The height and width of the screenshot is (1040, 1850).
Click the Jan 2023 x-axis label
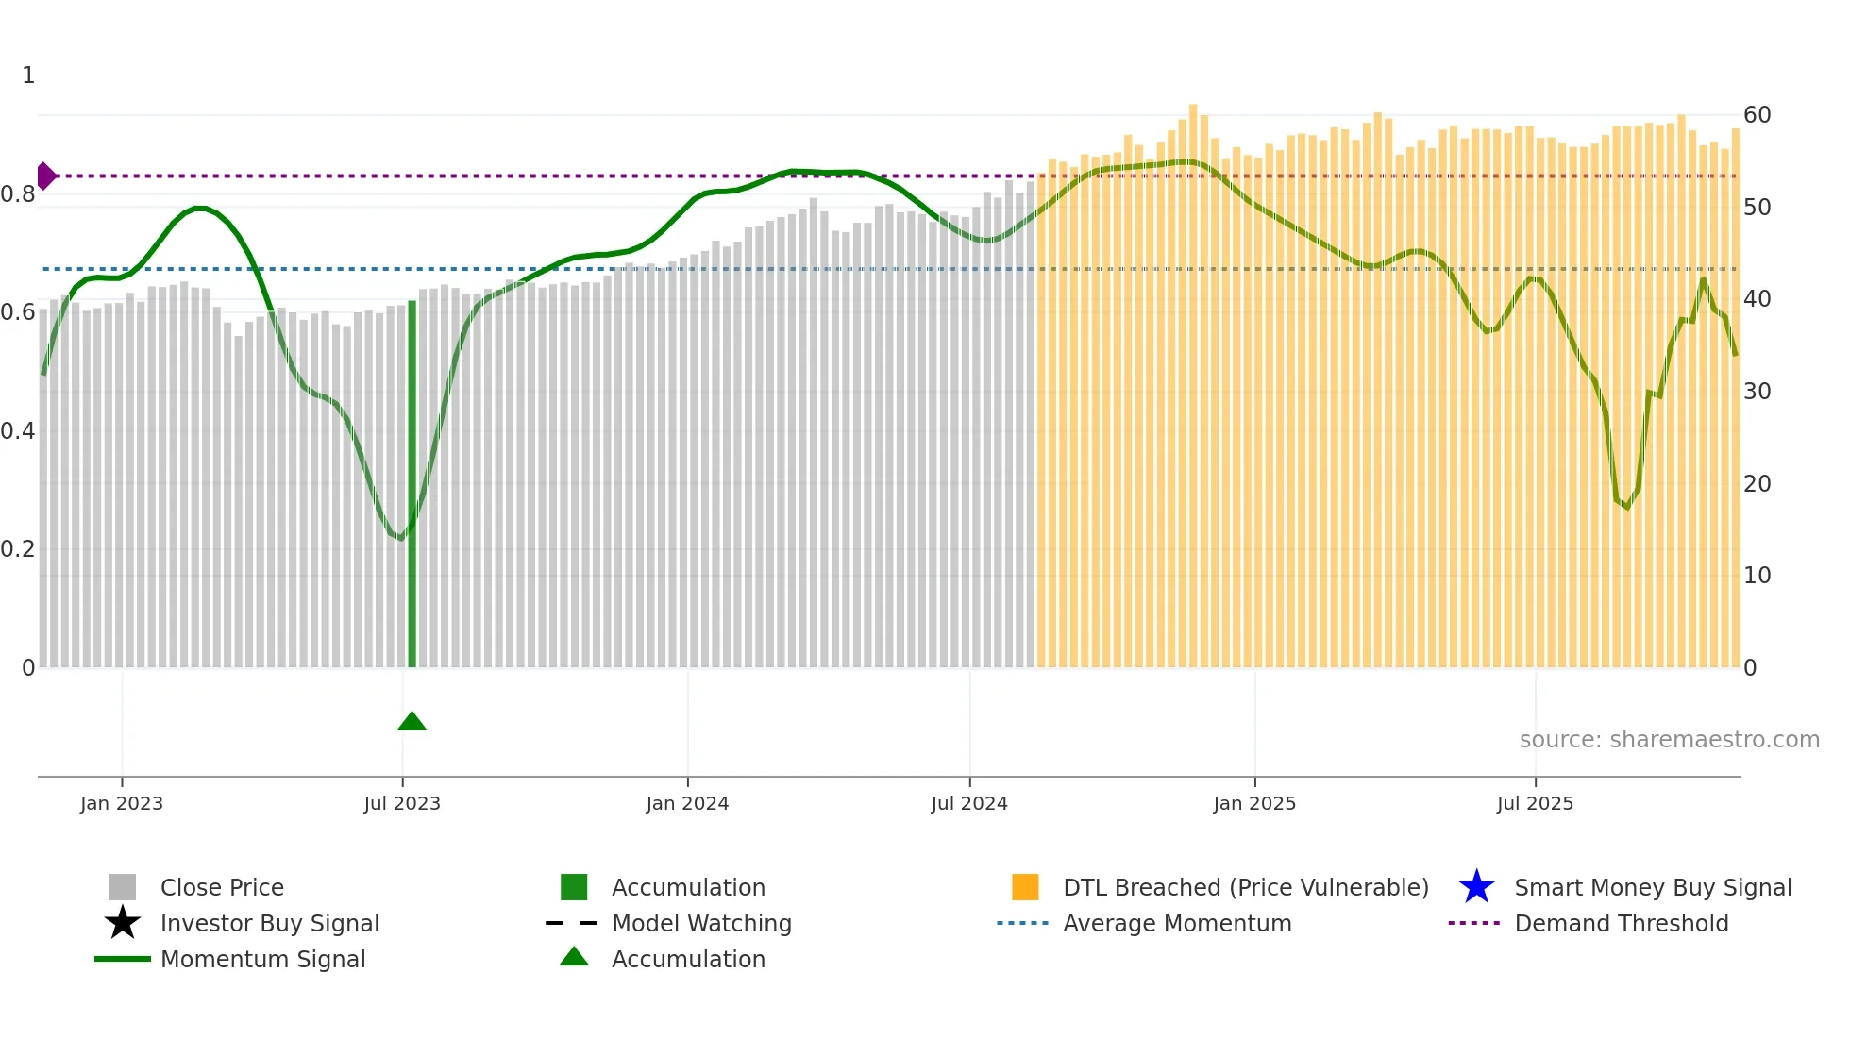click(x=122, y=803)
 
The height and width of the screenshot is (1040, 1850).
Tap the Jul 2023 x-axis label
click(x=402, y=803)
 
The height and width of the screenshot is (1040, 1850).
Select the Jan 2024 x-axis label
click(x=687, y=803)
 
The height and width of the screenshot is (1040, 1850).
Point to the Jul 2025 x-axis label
click(x=1535, y=803)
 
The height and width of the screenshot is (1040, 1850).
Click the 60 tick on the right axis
click(x=1757, y=115)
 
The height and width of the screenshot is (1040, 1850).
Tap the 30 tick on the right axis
click(x=1757, y=391)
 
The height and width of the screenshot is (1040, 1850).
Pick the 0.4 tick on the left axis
click(x=18, y=431)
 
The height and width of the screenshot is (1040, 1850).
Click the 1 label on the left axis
click(x=28, y=75)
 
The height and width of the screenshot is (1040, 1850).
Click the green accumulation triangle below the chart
click(x=412, y=722)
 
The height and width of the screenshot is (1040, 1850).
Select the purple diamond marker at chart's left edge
click(x=45, y=176)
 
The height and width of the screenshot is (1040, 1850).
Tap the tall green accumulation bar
click(x=412, y=481)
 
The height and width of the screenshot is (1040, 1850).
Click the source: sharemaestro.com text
click(x=1669, y=740)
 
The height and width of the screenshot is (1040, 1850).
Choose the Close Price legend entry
click(x=222, y=887)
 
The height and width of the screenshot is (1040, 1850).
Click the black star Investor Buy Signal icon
click(x=123, y=923)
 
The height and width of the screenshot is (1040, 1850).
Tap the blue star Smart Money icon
click(x=1476, y=887)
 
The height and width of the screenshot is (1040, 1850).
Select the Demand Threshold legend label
click(x=1621, y=923)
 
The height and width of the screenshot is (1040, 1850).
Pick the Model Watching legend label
click(x=701, y=923)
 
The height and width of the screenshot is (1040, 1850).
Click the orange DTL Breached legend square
click(x=1025, y=887)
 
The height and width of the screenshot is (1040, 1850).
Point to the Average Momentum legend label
click(x=1177, y=923)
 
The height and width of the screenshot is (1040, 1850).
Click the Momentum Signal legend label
click(x=262, y=959)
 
